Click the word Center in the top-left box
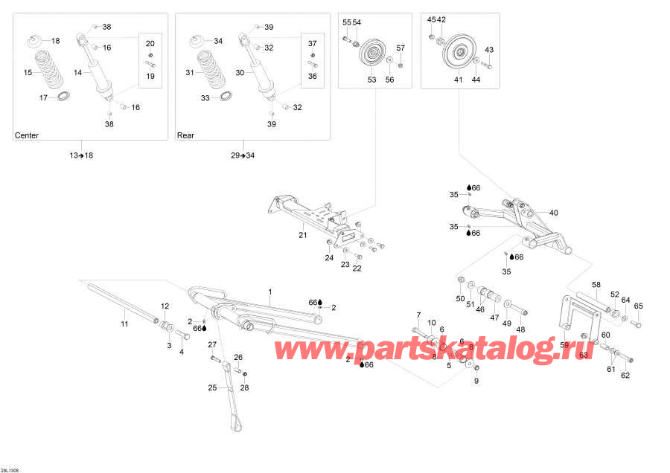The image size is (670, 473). pos(27,136)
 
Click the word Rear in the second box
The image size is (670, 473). pos(185,136)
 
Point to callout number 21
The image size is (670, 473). pos(302,236)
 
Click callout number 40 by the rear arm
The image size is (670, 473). pos(553,213)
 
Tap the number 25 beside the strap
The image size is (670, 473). pos(211,387)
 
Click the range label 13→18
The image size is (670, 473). pos(81,155)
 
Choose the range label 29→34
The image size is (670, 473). pos(243,155)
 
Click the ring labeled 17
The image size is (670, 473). pos(62,97)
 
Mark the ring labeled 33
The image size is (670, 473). pos(223,97)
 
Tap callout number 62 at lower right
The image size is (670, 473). pos(625,375)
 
